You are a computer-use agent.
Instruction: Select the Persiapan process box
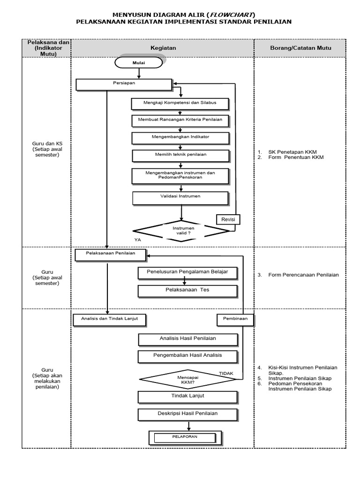click(124, 84)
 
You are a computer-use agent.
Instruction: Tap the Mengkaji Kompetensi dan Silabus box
click(180, 103)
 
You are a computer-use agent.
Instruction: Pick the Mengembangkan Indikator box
click(180, 138)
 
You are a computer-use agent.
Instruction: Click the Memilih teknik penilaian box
click(180, 155)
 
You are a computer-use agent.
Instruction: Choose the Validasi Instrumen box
click(180, 197)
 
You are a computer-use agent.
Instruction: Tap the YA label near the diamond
click(137, 240)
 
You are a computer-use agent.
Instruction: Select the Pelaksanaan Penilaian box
click(111, 254)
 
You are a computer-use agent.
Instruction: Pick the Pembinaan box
click(235, 320)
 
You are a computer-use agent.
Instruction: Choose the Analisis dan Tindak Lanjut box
click(110, 320)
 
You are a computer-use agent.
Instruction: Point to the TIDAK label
click(226, 373)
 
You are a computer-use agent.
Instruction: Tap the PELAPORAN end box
click(182, 438)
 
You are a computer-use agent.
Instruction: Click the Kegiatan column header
click(163, 48)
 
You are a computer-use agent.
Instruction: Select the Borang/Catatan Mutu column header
click(300, 48)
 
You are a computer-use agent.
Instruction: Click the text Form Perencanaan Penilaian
click(303, 275)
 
